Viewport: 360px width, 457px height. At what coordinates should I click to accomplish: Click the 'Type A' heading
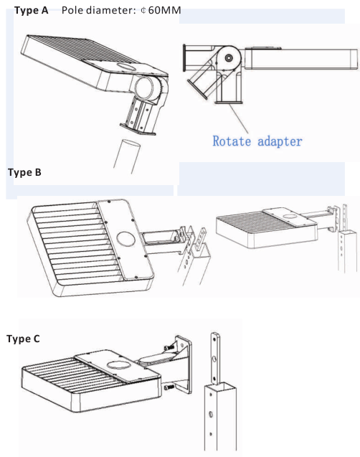click(x=31, y=11)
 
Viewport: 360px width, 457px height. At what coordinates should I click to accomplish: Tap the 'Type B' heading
click(x=25, y=172)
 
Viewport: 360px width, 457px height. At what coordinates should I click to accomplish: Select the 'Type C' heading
click(x=23, y=339)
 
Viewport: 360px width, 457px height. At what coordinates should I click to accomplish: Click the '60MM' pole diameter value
click(x=164, y=11)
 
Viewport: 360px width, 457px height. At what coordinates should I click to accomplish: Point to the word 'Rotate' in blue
click(x=232, y=141)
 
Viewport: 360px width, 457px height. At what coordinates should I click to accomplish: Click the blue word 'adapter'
click(x=280, y=141)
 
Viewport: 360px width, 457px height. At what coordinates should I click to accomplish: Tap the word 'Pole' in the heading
click(x=72, y=11)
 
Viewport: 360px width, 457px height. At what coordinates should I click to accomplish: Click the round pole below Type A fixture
click(x=127, y=156)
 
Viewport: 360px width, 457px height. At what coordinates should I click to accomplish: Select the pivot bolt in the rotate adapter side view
click(x=229, y=58)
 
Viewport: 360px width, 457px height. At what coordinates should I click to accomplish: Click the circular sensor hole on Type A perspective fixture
click(x=127, y=67)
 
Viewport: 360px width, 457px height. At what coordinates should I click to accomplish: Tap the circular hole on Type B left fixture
click(x=125, y=239)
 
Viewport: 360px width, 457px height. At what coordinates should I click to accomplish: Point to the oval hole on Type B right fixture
click(x=289, y=216)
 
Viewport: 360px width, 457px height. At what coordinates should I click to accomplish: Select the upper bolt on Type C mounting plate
click(x=169, y=347)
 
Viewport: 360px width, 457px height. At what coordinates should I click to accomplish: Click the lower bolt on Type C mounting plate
click(x=169, y=387)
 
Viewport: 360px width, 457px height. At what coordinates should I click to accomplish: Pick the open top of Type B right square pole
click(x=347, y=232)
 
